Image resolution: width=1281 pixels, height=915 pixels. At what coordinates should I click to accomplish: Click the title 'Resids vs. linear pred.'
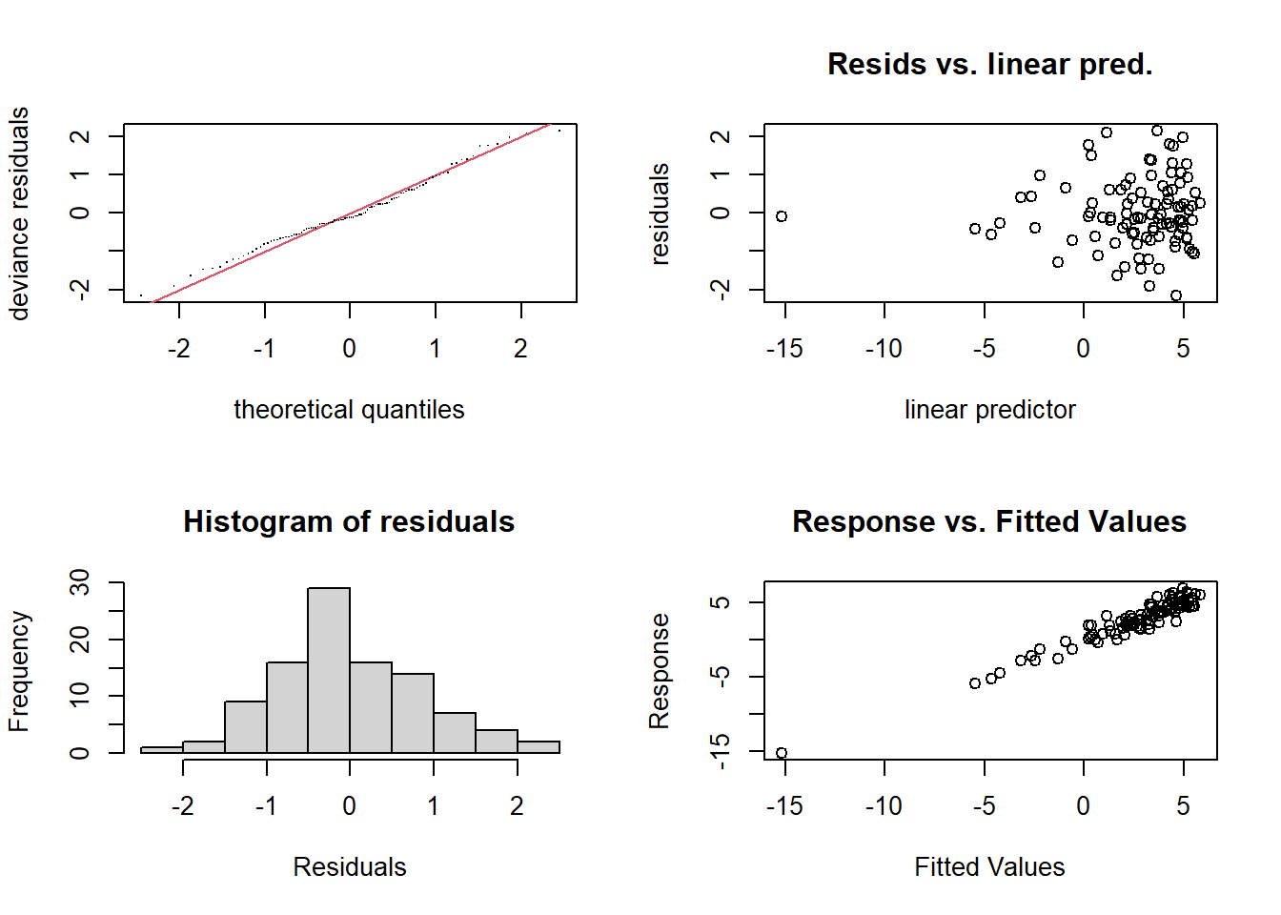[989, 64]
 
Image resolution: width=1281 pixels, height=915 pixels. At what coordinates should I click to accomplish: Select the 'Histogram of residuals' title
[349, 521]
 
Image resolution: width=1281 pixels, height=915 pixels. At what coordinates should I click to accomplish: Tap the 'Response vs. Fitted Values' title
[989, 521]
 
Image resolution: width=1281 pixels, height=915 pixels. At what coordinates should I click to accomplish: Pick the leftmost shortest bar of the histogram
[162, 750]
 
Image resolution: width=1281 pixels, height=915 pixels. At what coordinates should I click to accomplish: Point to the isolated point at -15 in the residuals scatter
[782, 216]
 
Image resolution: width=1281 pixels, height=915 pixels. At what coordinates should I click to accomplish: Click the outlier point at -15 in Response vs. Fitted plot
[782, 753]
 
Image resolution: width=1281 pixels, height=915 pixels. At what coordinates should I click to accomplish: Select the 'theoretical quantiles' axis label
[349, 410]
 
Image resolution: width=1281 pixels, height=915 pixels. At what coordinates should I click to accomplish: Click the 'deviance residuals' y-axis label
[19, 213]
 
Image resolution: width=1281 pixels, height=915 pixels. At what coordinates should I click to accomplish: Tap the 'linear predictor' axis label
[989, 410]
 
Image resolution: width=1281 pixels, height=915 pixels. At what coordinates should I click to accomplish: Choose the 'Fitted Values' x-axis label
[989, 867]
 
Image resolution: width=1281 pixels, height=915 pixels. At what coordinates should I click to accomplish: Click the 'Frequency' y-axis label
[19, 671]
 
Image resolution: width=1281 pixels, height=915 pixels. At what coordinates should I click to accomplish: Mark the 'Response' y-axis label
[660, 671]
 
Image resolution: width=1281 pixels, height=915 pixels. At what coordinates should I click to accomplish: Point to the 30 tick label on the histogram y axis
[80, 582]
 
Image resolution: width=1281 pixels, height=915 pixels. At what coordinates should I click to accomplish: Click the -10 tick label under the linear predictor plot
[884, 349]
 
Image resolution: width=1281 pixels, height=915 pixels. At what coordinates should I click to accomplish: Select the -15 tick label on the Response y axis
[722, 751]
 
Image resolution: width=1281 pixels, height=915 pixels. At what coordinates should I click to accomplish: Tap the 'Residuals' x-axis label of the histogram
[349, 867]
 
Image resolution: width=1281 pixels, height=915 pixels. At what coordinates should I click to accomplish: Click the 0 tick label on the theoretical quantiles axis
[350, 349]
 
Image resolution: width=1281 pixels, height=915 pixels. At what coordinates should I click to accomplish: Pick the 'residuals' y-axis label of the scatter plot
[660, 213]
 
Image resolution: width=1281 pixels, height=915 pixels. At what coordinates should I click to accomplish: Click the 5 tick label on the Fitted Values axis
[1183, 806]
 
